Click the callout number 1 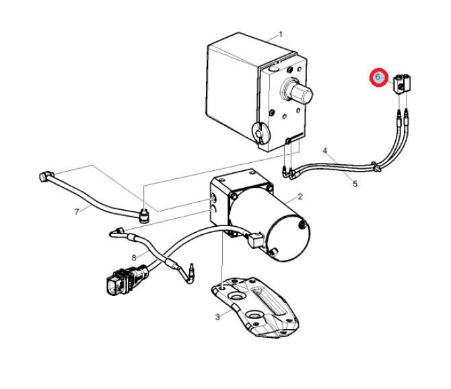pos(281,35)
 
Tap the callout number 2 pos(300,197)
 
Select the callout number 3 pos(217,317)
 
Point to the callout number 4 pos(325,151)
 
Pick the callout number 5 pos(355,184)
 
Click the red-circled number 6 pos(379,77)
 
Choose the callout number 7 pos(77,212)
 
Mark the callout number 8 pos(134,258)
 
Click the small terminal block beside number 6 pos(402,83)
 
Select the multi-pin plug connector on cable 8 pos(127,281)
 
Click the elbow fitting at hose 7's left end pos(46,176)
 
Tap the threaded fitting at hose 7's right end pos(144,217)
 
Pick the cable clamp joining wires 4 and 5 pos(376,167)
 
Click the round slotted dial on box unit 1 pos(261,133)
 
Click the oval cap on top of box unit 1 pos(273,69)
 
